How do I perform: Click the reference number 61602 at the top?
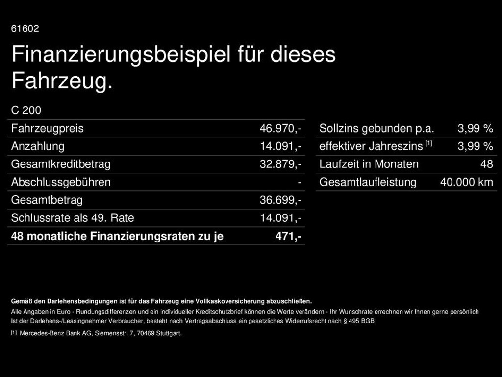[25, 29]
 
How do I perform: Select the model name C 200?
[26, 110]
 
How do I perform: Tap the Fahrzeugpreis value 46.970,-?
[280, 129]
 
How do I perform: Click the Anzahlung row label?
[38, 146]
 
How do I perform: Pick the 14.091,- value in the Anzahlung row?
[280, 146]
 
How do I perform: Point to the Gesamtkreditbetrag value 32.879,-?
[280, 164]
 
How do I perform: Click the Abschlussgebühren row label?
[61, 182]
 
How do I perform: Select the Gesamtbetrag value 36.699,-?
[280, 200]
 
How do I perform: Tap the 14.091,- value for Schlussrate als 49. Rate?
[280, 218]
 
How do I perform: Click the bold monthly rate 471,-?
[288, 236]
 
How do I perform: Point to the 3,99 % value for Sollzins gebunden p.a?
[475, 129]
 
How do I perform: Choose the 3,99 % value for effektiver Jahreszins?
[475, 146]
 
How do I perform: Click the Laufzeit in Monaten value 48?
[486, 164]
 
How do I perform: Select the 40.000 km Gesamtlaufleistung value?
[466, 182]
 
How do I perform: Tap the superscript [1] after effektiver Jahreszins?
[428, 143]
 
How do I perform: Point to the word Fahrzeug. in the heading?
[62, 81]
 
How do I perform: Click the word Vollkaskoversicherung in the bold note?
[230, 301]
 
